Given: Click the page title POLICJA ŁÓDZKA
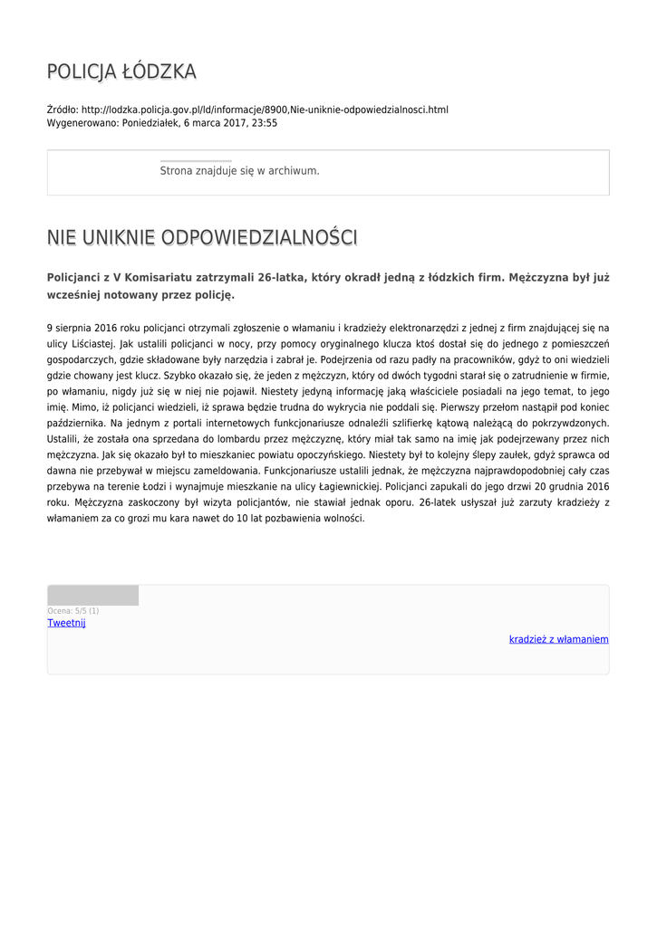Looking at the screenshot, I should tap(121, 72).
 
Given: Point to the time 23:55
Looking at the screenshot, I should tap(265, 123).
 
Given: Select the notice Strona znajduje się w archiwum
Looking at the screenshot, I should tap(239, 170).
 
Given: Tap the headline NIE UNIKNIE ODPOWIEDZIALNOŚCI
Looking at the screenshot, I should tap(202, 237).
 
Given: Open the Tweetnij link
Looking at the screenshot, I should tap(66, 623).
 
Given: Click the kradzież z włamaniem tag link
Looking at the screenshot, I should tap(558, 639).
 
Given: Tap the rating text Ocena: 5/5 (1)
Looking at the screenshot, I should tap(73, 611).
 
